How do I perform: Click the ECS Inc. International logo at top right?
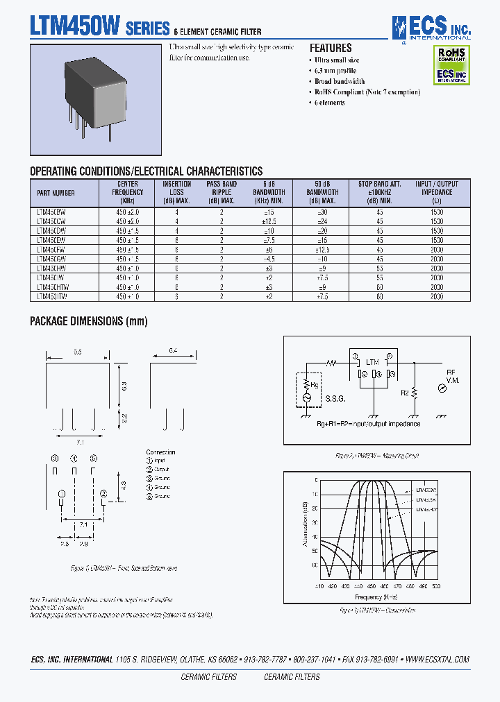[x=431, y=28]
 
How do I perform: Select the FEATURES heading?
[x=331, y=48]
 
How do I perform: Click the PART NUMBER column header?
[x=55, y=193]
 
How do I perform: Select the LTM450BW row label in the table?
[x=51, y=211]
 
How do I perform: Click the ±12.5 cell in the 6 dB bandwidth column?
[x=268, y=221]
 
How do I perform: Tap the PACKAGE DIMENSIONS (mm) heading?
[x=88, y=321]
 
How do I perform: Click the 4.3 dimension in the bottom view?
[x=123, y=483]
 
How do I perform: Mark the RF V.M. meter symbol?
[x=442, y=389]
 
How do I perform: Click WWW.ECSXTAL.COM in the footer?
[x=437, y=659]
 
